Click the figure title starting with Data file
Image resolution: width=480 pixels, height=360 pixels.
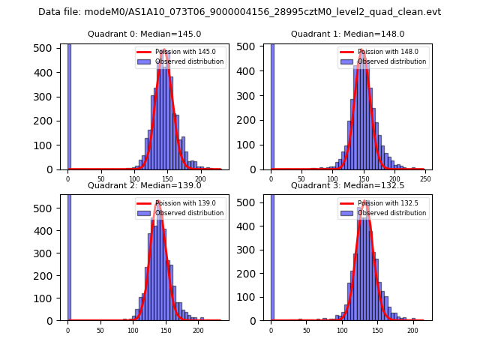(x=239, y=12)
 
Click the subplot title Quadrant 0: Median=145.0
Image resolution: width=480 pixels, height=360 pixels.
(x=144, y=34)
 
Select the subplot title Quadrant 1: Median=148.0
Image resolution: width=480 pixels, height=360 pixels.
(x=347, y=34)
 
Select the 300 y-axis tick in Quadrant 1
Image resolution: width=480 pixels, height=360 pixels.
(x=249, y=97)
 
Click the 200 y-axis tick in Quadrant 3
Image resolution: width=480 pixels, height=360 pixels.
(x=249, y=273)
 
